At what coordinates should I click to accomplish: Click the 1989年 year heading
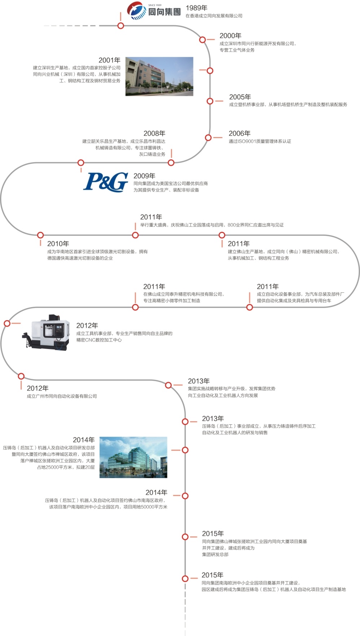click(197, 8)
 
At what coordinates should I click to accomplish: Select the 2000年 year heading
click(231, 36)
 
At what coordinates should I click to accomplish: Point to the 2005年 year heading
click(240, 97)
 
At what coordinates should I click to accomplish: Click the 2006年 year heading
click(240, 133)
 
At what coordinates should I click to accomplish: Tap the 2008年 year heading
click(154, 133)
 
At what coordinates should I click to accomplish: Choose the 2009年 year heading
click(144, 176)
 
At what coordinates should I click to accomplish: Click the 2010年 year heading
click(58, 244)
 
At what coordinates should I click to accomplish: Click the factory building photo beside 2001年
click(159, 76)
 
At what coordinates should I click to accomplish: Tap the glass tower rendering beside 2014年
click(133, 458)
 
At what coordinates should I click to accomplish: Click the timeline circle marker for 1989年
click(121, 26)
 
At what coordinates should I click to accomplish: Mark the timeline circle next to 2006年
click(208, 137)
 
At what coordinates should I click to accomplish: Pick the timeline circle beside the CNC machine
click(7, 323)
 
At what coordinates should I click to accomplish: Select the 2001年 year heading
click(110, 60)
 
